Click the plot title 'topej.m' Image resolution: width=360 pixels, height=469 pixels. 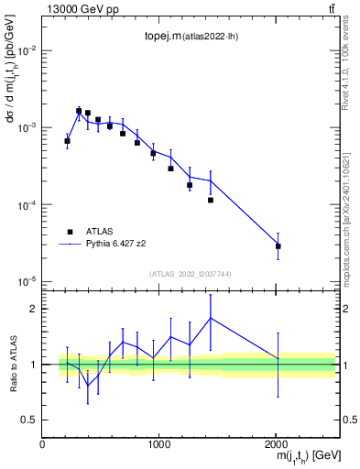(162, 37)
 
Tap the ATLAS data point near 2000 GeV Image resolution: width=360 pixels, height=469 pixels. (278, 246)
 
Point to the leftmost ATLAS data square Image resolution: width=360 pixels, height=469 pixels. (67, 141)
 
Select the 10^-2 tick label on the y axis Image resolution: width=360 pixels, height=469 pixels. (26, 51)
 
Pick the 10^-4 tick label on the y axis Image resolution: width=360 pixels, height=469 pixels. (26, 205)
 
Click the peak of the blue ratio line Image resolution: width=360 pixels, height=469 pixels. (211, 318)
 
